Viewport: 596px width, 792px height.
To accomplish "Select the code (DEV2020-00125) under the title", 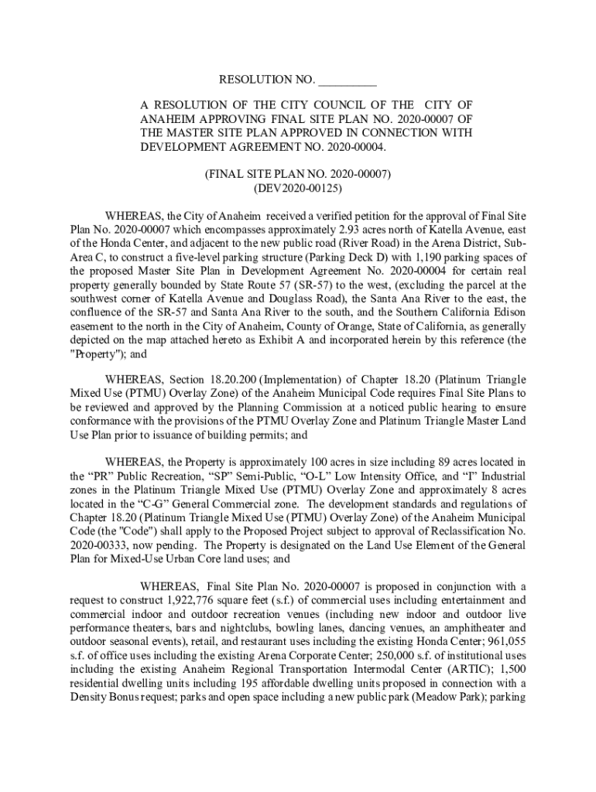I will point(298,187).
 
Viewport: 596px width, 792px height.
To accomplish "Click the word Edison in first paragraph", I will point(510,312).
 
